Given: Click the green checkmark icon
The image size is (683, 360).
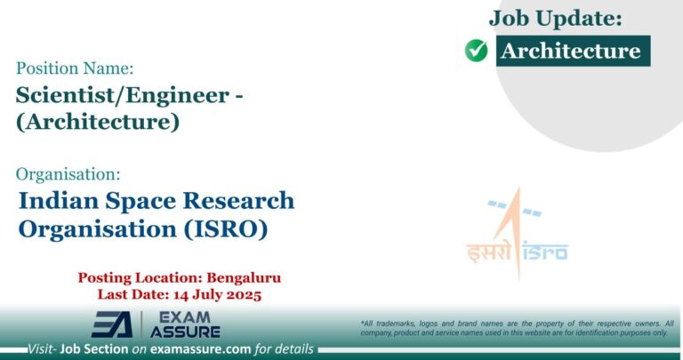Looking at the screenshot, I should [477, 51].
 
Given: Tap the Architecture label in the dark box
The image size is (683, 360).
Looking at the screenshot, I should [570, 51].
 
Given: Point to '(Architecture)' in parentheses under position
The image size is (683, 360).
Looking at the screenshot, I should [97, 121].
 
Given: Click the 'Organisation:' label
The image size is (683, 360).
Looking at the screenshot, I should [68, 173].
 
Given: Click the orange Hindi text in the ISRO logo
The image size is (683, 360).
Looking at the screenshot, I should [489, 252].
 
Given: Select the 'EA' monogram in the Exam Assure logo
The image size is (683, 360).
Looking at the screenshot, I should [112, 324].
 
